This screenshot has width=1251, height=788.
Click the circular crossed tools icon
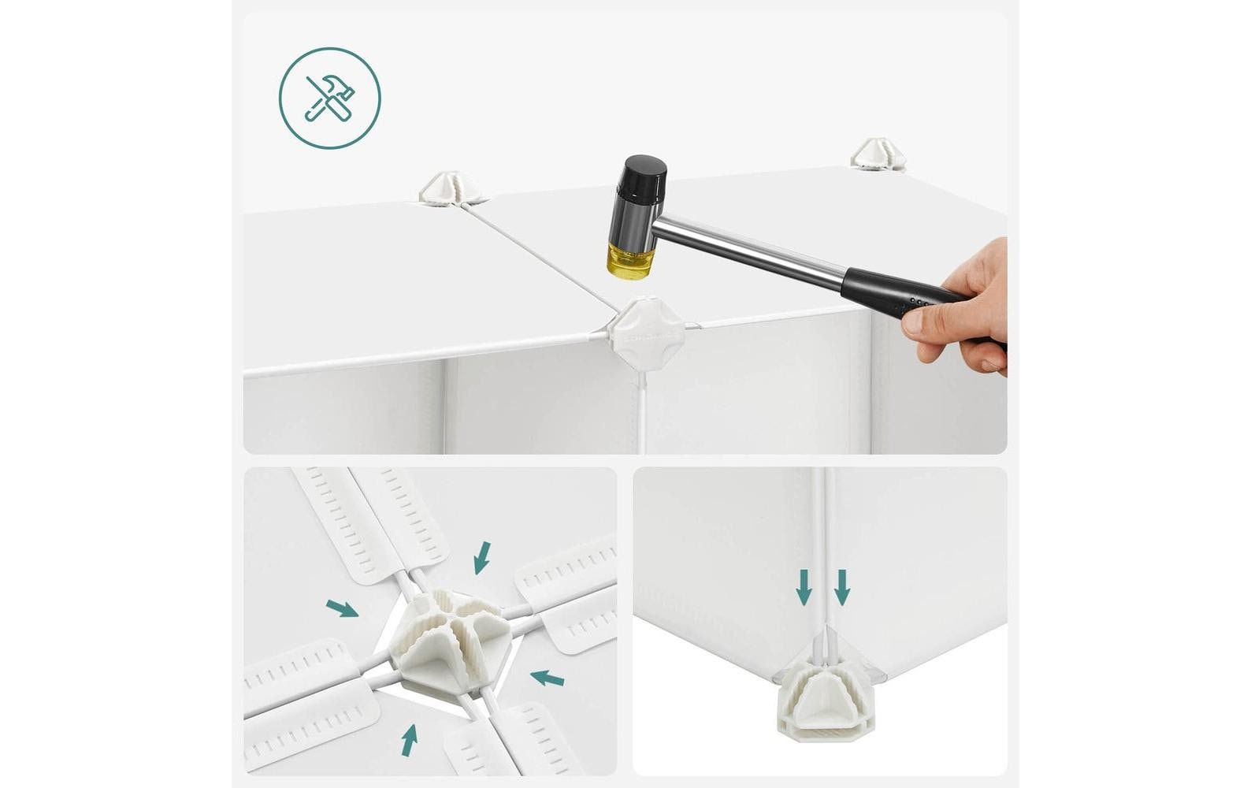tap(329, 98)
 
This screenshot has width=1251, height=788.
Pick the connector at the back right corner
tap(877, 154)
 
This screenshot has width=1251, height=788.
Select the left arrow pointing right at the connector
tap(342, 608)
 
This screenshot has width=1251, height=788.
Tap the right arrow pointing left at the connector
tap(547, 677)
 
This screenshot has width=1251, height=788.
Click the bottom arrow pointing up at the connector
tap(409, 740)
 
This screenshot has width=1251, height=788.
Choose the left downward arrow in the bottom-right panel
tap(804, 588)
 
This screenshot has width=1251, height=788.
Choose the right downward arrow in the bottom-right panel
tap(842, 588)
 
